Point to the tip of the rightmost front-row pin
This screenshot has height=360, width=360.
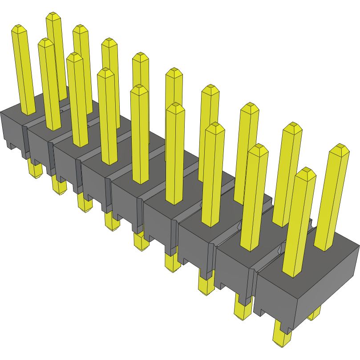(x=305, y=173)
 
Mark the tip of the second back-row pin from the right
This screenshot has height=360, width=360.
(x=292, y=127)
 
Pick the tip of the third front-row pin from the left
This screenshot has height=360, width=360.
(x=74, y=57)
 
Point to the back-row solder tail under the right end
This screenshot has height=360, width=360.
(x=314, y=314)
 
